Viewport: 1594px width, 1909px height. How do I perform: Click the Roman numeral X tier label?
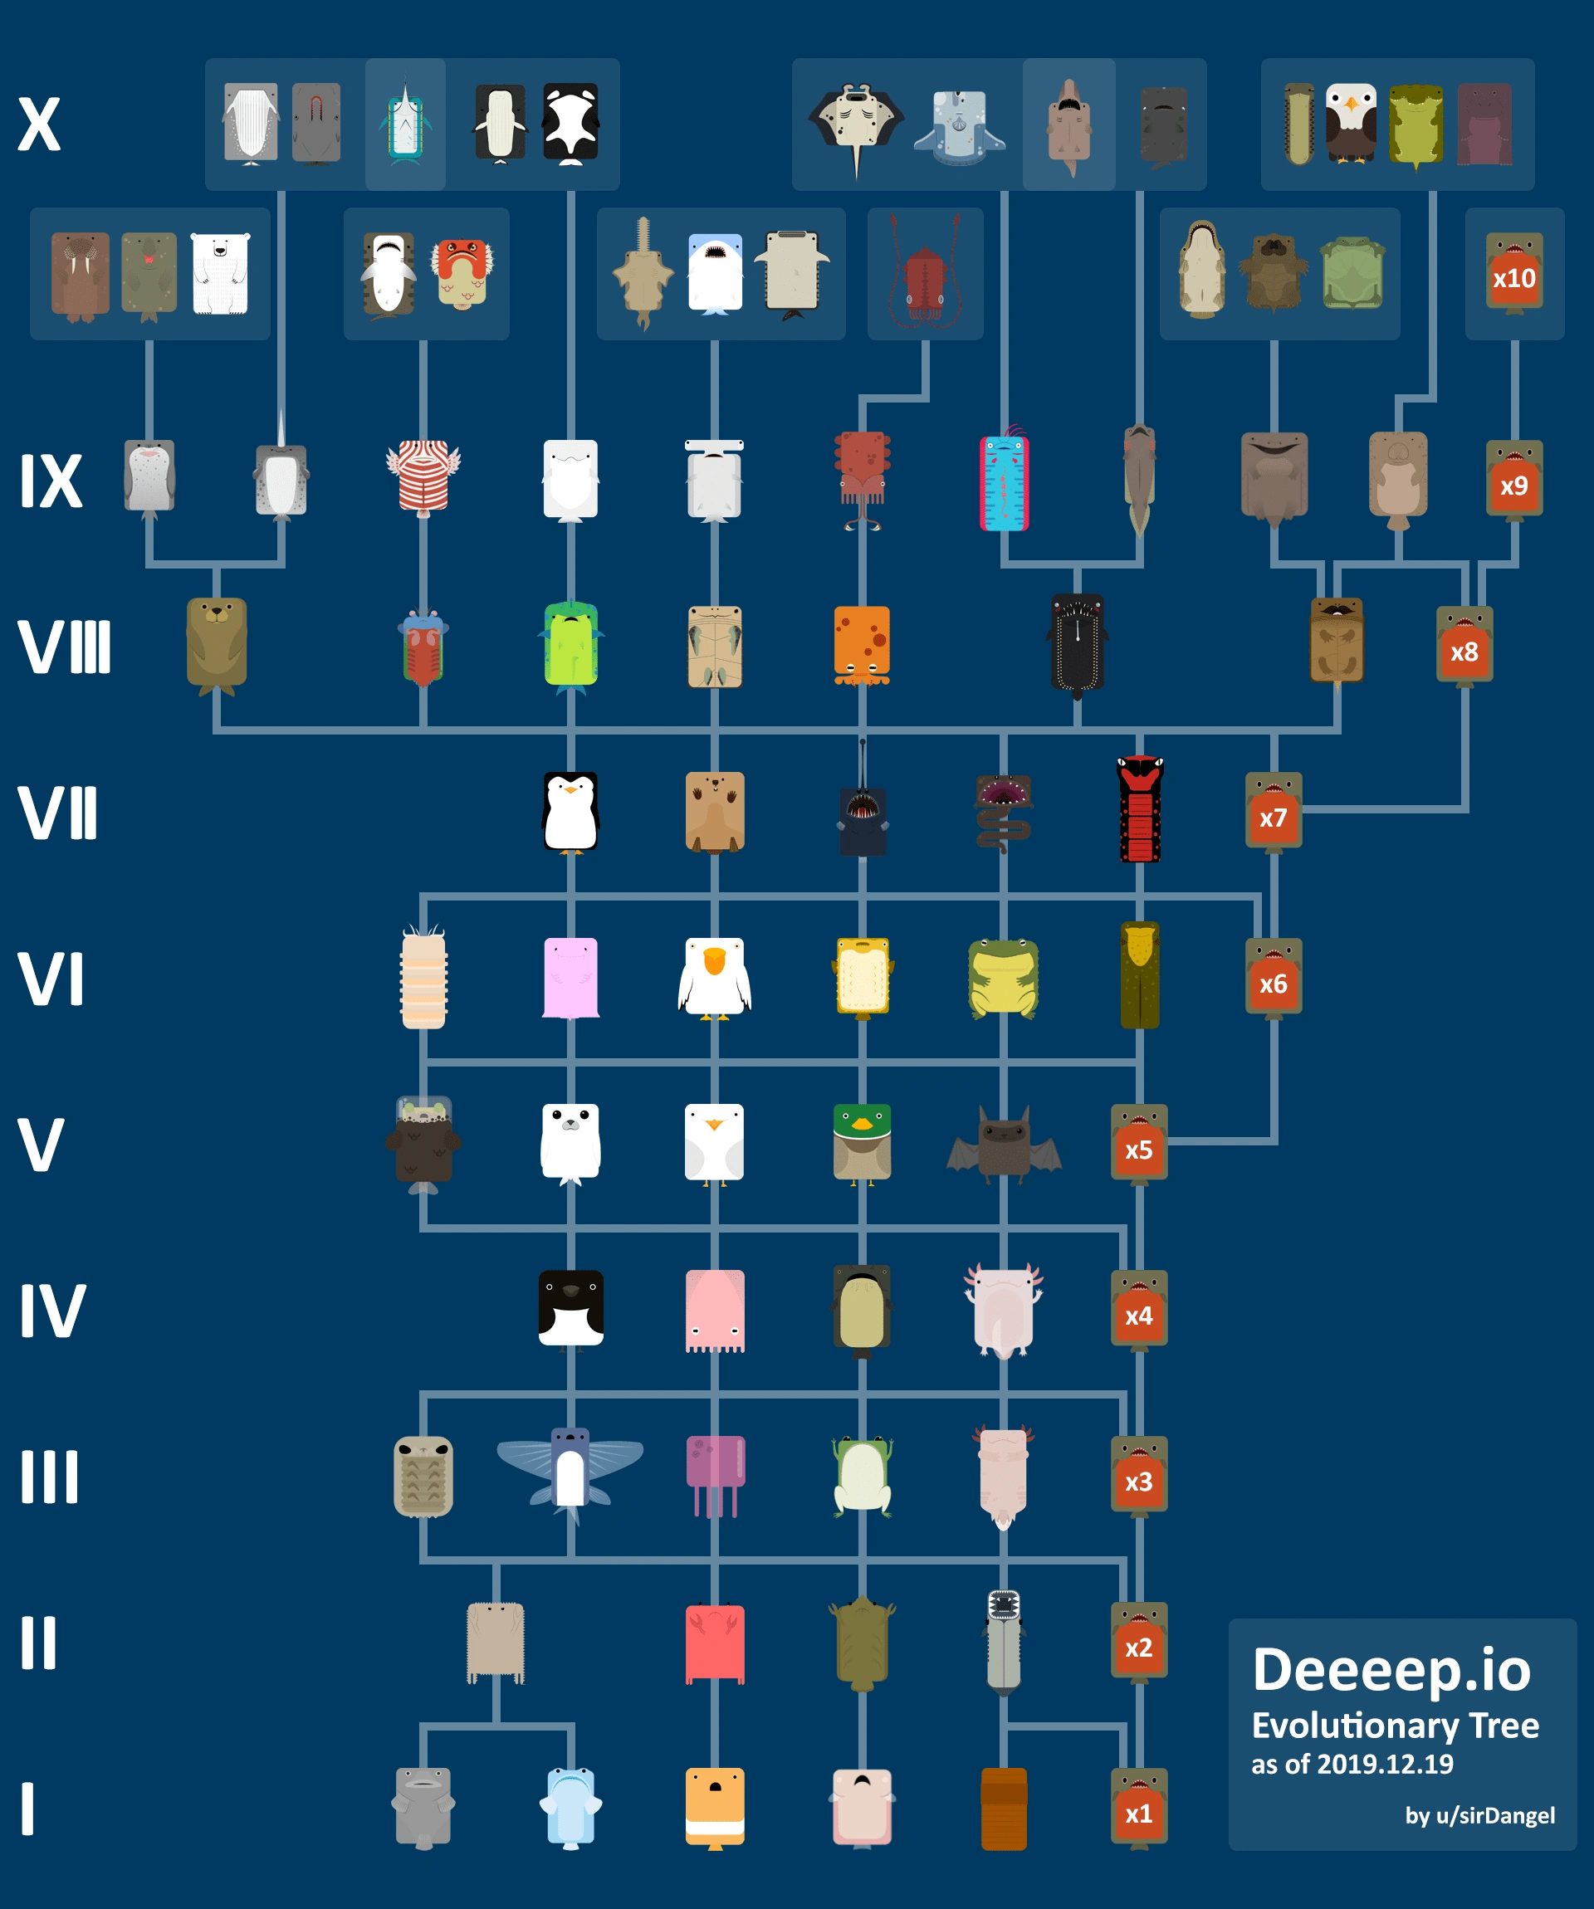pos(39,124)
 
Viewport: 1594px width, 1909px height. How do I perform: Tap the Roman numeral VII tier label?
pos(57,813)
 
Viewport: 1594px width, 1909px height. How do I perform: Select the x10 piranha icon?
pos(1514,274)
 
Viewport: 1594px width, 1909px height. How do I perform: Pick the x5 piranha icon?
pos(1138,1144)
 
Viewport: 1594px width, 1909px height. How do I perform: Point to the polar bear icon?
pos(220,274)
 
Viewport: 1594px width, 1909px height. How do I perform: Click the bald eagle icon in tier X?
pos(1352,124)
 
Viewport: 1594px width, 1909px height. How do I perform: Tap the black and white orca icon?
pos(571,124)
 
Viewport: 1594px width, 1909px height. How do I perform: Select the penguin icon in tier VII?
pos(570,813)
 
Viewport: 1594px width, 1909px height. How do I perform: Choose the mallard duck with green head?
pos(862,1144)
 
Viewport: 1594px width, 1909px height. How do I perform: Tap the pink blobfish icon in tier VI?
pos(570,978)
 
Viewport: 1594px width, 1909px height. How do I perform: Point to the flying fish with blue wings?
pos(570,1471)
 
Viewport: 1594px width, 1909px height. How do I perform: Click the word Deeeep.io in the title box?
pos(1391,1671)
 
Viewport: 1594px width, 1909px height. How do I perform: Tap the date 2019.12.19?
pos(1385,1765)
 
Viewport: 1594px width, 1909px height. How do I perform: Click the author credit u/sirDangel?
pos(1479,1815)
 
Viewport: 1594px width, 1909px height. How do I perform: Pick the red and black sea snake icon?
pos(1139,809)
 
